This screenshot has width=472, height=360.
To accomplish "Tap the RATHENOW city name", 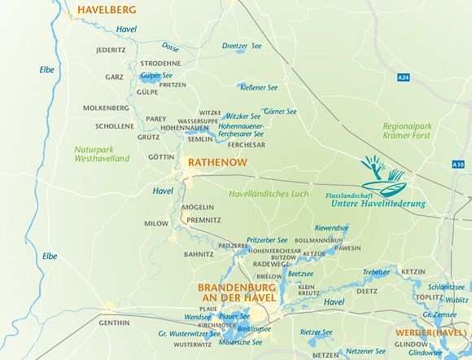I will tap(218, 163).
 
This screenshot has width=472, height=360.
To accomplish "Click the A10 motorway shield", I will tap(461, 165).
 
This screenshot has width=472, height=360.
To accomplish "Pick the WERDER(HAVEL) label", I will tap(431, 334).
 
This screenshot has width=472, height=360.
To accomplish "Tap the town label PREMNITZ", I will tap(202, 220).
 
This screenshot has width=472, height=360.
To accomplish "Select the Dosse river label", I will tap(172, 47).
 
